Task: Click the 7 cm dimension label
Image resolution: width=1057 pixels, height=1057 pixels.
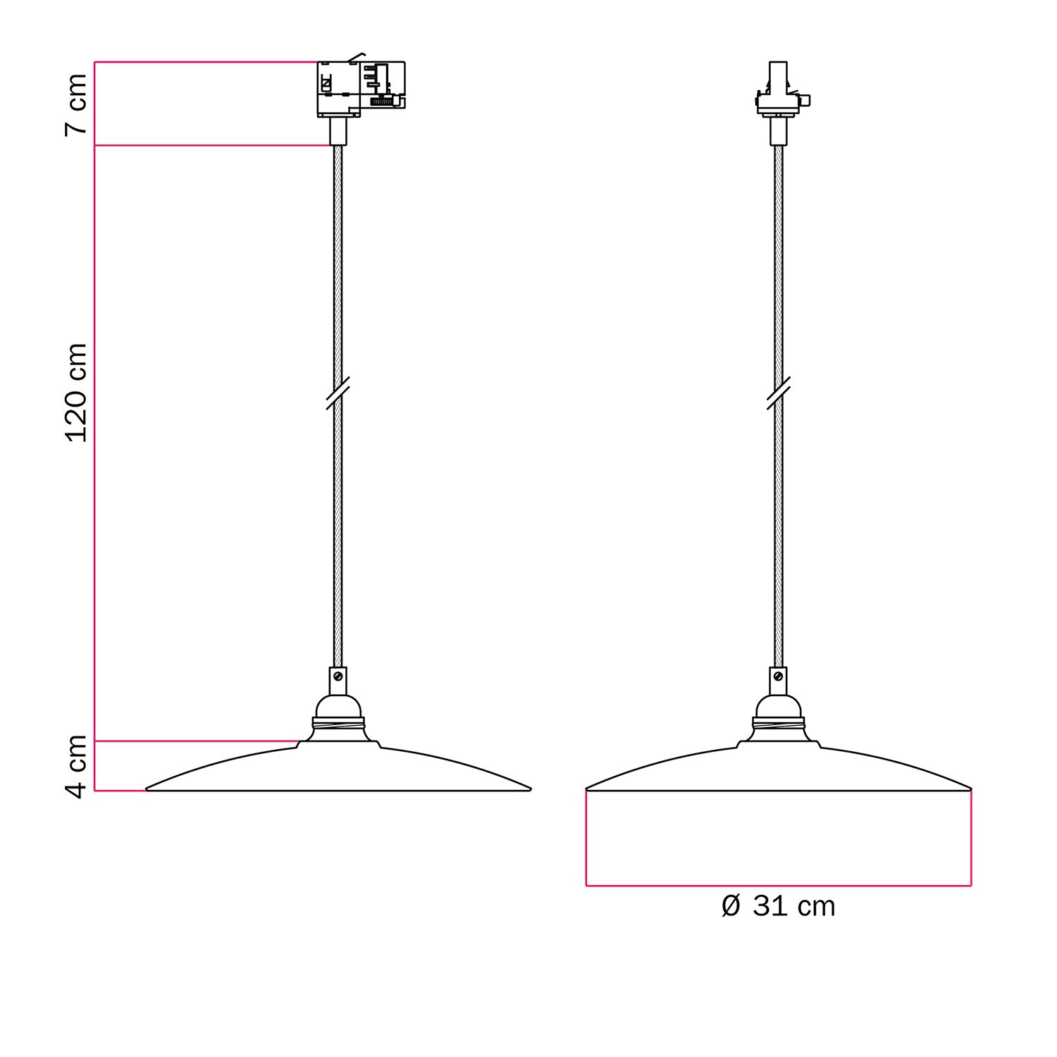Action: [x=76, y=104]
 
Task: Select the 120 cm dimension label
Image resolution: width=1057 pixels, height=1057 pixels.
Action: [x=76, y=392]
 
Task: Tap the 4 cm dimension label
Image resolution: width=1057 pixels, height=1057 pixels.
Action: [x=76, y=766]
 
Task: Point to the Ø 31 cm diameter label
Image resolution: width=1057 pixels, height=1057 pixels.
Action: [x=778, y=906]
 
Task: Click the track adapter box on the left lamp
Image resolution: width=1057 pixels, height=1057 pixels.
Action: [x=360, y=89]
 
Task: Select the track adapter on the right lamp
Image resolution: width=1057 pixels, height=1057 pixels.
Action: [x=779, y=92]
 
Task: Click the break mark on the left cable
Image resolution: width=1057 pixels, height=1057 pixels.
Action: [x=338, y=393]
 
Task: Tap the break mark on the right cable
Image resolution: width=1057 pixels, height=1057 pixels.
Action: [x=778, y=393]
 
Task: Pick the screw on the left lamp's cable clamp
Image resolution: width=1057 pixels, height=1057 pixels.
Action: [x=338, y=676]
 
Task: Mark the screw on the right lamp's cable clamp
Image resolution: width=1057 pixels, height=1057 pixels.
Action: [x=778, y=676]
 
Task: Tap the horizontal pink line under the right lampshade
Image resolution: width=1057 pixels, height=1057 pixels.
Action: [x=778, y=885]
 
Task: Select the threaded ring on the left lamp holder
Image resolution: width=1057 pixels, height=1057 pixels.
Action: [x=338, y=723]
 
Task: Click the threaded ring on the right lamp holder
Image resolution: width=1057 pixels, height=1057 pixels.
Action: [x=778, y=723]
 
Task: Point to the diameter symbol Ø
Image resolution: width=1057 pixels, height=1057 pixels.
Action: [x=731, y=906]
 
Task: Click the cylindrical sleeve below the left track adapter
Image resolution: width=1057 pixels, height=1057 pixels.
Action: [x=338, y=131]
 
